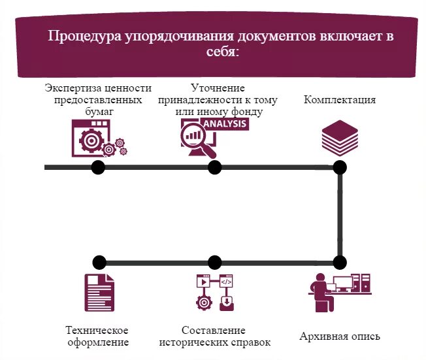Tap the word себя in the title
click(x=223, y=52)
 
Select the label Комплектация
click(x=339, y=100)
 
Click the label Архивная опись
click(x=339, y=337)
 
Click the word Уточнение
click(x=218, y=88)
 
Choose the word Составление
click(x=214, y=330)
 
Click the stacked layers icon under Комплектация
click(x=340, y=137)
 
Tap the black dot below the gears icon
click(x=98, y=167)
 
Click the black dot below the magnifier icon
click(x=214, y=167)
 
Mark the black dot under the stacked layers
click(x=340, y=167)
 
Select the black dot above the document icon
click(x=99, y=263)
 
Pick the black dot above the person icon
click(x=339, y=263)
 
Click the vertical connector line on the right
click(x=340, y=215)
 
